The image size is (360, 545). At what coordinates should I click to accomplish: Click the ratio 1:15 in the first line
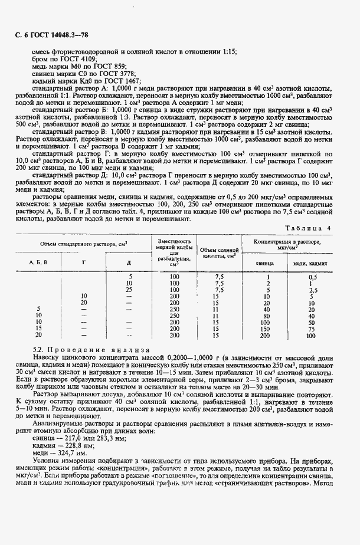coord(228,51)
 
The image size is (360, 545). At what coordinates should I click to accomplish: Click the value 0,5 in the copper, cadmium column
coord(312,277)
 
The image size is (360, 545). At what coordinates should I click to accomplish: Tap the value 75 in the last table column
coord(312,329)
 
